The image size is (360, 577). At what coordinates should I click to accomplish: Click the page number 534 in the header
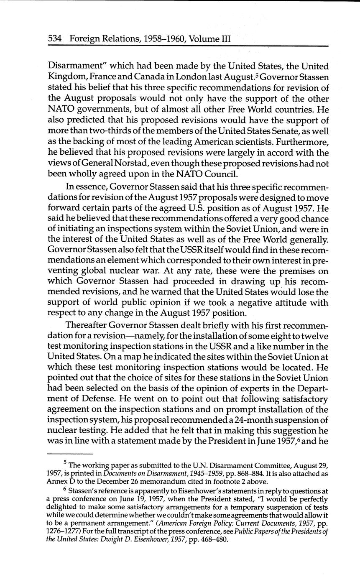pos(55,39)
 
